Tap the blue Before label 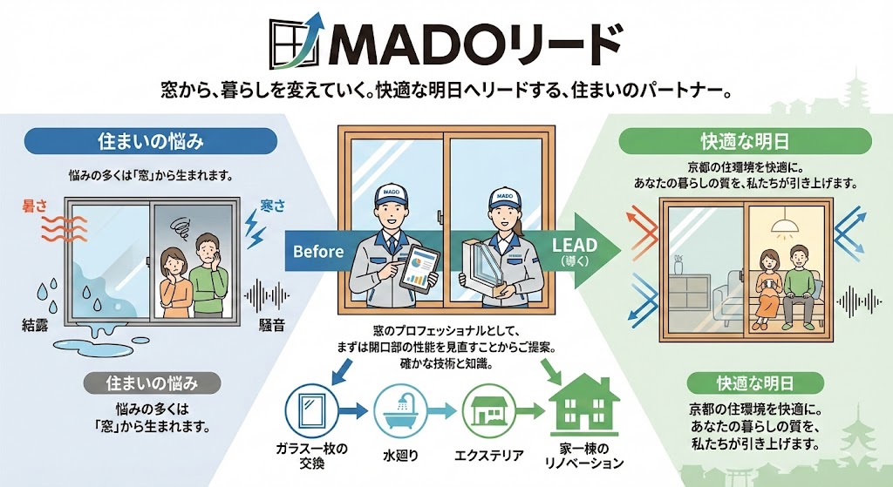pyautogui.click(x=318, y=251)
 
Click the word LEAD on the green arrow pyautogui.click(x=576, y=245)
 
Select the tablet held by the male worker pyautogui.click(x=420, y=272)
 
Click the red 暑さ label pyautogui.click(x=34, y=206)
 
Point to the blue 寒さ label pyautogui.click(x=272, y=206)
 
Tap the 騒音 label pyautogui.click(x=271, y=326)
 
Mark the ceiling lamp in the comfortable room pyautogui.click(x=786, y=222)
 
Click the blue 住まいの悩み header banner pyautogui.click(x=151, y=141)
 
